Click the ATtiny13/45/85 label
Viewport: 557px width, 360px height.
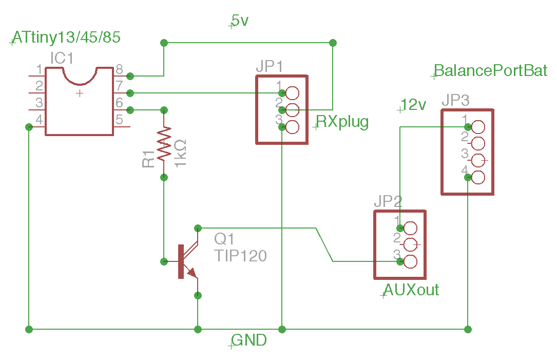tap(67, 37)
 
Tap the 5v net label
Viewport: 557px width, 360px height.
tap(240, 21)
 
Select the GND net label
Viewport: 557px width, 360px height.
tap(249, 340)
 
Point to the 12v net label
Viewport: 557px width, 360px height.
tap(414, 105)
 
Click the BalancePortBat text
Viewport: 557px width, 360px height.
tap(491, 70)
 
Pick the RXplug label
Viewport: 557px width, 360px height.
tap(342, 122)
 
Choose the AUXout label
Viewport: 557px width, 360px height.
tap(411, 290)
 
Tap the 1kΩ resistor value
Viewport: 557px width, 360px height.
tap(181, 152)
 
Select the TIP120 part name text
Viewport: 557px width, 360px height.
tap(241, 255)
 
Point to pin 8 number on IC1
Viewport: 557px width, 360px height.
tap(119, 69)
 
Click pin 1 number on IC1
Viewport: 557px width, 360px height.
tap(39, 69)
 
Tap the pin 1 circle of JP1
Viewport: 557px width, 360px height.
tap(292, 93)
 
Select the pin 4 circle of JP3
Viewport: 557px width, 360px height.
tap(477, 177)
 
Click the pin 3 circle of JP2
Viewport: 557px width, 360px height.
tap(410, 261)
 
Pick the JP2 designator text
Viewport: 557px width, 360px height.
tap(388, 201)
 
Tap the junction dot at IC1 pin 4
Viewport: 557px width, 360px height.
tap(29, 126)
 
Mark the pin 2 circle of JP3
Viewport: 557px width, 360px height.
tap(477, 143)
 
